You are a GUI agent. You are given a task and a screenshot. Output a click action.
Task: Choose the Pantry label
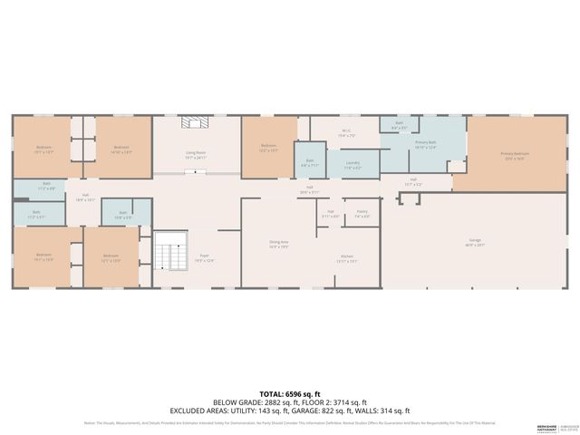pos(362,213)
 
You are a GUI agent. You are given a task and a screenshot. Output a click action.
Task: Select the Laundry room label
pos(353,165)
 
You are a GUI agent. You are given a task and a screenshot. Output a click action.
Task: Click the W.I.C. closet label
pos(346,132)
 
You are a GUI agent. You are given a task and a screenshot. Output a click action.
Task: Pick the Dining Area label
pos(278,242)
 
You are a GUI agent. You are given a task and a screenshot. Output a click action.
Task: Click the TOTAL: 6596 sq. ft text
pos(290,394)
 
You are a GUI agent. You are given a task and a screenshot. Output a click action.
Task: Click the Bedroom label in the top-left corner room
pos(44,148)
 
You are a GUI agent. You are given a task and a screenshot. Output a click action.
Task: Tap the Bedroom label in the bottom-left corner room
pos(44,256)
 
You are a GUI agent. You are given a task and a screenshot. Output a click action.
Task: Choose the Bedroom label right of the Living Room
pos(268,147)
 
